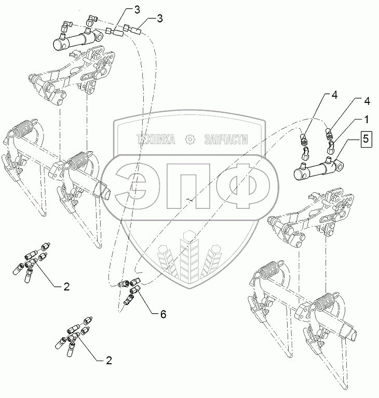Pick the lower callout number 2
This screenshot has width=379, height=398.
pyautogui.click(x=109, y=360)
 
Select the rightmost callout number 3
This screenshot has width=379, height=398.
pyautogui.click(x=159, y=18)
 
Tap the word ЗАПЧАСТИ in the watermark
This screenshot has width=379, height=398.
pyautogui.click(x=226, y=139)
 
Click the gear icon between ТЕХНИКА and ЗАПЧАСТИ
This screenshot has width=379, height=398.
pyautogui.click(x=190, y=139)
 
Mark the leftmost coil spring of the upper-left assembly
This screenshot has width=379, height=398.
pyautogui.click(x=23, y=128)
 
